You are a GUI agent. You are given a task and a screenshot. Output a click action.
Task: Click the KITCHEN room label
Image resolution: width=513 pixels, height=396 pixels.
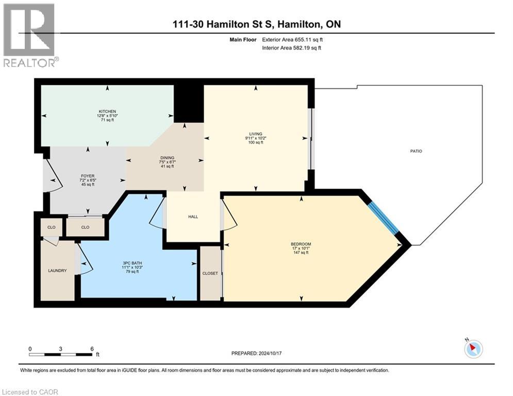pos(107,111)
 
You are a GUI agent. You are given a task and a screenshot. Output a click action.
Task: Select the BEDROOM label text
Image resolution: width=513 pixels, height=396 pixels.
pos(301,244)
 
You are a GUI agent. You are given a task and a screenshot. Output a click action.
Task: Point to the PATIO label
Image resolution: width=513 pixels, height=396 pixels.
pos(416,151)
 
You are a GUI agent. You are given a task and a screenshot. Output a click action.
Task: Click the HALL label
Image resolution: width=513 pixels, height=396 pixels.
pos(193,217)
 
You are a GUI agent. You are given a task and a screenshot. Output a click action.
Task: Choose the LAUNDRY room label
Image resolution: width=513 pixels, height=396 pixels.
pos(57,270)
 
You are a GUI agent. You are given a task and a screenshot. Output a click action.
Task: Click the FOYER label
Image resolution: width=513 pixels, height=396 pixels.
pos(87,176)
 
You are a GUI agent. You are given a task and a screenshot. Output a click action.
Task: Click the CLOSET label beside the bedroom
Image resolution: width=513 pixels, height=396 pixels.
pos(210,273)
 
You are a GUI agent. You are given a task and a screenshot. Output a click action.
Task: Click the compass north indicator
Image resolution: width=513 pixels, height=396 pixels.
pos(473,349)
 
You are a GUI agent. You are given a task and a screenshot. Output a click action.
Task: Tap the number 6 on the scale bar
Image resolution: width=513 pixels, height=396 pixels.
pos(91,349)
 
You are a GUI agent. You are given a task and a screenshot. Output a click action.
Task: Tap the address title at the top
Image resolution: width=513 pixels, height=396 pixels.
pos(256,24)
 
